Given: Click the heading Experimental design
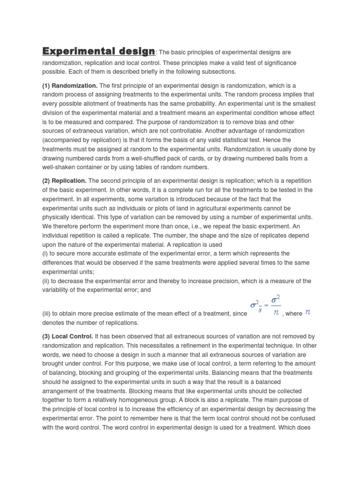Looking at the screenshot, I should [98, 51].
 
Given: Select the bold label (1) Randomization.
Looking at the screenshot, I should [70, 86].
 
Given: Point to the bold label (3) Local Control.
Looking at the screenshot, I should [68, 337].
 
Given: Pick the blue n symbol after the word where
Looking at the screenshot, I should [308, 313].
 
